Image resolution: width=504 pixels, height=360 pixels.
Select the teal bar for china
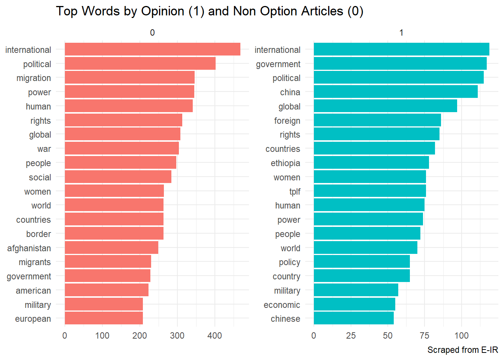(x=396, y=92)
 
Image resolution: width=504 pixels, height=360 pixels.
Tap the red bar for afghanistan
(x=111, y=248)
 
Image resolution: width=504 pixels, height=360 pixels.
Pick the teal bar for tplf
(x=370, y=191)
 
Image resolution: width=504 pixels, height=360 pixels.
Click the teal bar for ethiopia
(x=371, y=163)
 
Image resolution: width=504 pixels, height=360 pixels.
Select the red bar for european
(x=104, y=318)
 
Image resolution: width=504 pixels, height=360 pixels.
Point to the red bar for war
(x=121, y=148)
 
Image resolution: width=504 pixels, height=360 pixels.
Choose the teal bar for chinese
(x=354, y=318)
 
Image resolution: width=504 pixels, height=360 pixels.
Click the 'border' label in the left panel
(x=39, y=234)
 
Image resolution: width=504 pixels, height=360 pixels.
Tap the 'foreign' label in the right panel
(x=287, y=121)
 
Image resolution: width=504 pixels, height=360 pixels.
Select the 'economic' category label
(x=282, y=305)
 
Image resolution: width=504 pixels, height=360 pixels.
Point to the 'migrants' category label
(x=35, y=262)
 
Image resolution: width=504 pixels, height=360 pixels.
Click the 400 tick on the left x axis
(x=214, y=335)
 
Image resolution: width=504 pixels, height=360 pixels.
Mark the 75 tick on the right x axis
(x=424, y=335)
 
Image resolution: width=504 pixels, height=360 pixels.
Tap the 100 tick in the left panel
(x=102, y=335)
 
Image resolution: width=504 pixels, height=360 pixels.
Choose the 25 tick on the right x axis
(x=351, y=335)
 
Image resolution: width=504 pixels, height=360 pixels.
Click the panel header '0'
(x=152, y=33)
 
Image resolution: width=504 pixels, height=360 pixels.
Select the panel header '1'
(x=401, y=33)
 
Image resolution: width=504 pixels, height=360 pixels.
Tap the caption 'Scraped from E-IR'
(x=462, y=350)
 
